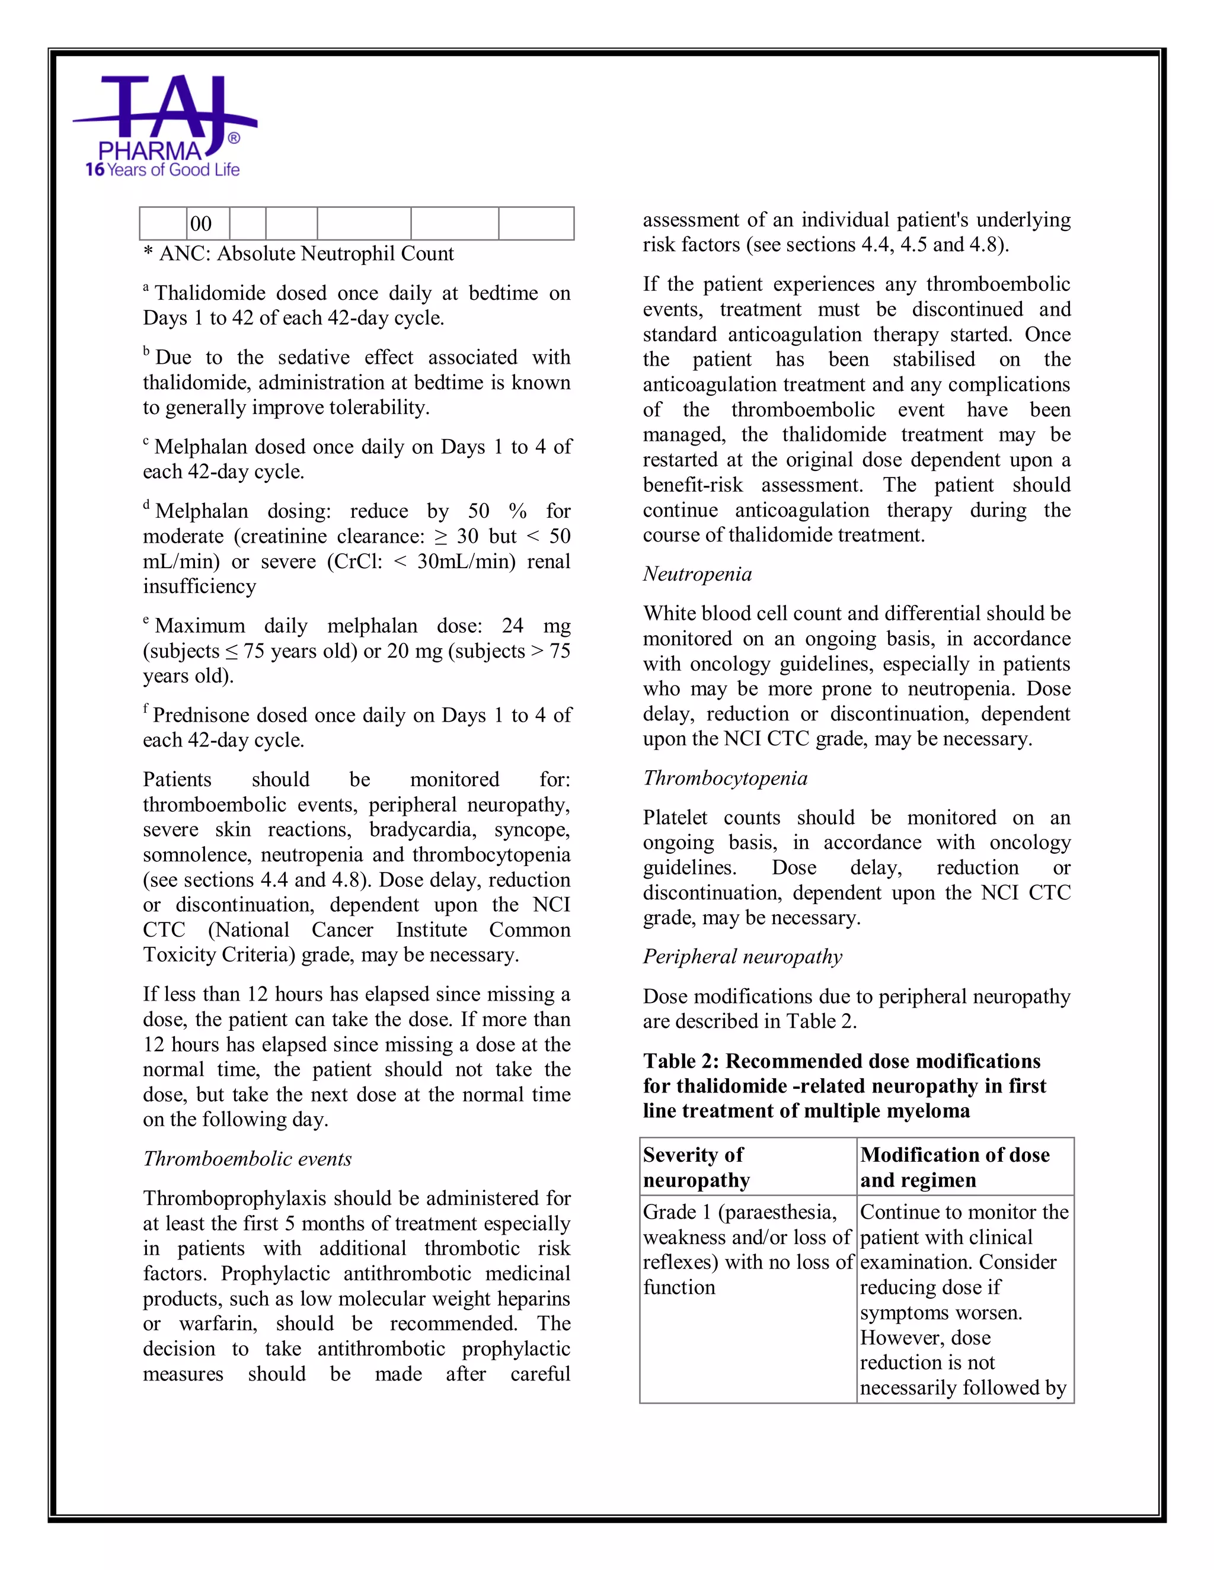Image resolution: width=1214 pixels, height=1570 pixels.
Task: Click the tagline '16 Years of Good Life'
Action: coord(162,169)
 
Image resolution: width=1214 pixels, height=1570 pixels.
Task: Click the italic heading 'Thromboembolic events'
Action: coord(247,1159)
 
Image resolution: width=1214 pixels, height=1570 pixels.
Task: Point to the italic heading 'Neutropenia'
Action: coord(697,573)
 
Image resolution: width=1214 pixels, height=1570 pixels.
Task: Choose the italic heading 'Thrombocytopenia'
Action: coord(725,778)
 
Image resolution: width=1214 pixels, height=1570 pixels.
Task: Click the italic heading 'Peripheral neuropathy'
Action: coord(742,957)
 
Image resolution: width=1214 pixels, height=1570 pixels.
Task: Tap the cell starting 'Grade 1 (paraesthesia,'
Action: coord(746,1249)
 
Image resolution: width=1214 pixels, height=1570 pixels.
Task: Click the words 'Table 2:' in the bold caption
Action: coord(681,1061)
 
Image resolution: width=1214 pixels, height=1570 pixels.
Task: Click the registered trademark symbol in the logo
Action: coord(234,138)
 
